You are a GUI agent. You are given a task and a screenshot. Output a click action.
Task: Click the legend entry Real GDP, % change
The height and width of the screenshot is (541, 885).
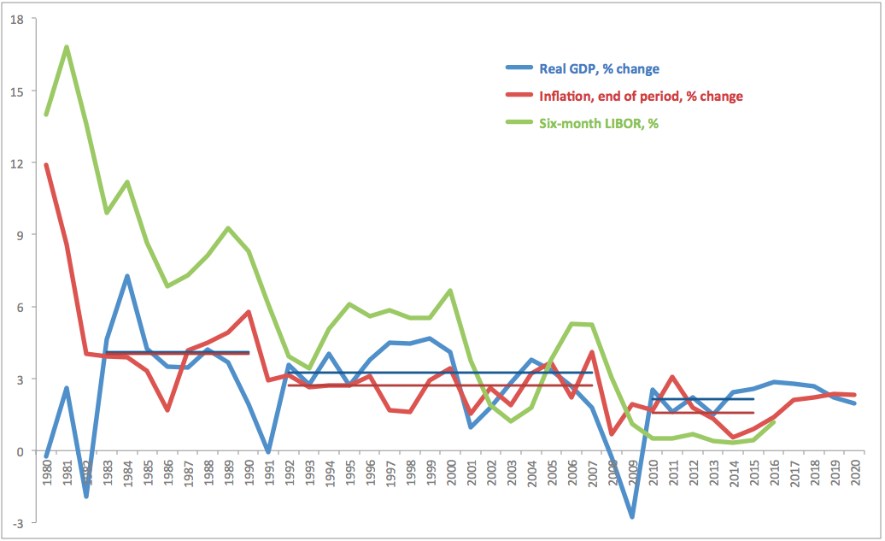[599, 68]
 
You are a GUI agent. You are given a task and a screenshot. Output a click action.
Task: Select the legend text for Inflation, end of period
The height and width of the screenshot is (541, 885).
[641, 96]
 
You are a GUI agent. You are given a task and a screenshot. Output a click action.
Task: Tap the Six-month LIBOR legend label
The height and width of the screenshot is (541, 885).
[599, 123]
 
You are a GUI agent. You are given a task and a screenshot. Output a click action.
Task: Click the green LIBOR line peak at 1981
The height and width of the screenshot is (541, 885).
[66, 47]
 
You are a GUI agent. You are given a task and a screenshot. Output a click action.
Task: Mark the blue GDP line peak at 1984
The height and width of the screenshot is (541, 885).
[126, 276]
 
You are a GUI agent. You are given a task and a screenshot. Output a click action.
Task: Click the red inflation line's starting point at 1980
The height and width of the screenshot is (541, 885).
[45, 165]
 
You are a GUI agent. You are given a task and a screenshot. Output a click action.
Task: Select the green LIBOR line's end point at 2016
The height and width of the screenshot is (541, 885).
[774, 422]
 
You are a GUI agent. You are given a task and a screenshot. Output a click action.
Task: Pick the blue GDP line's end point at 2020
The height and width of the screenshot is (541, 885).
[854, 403]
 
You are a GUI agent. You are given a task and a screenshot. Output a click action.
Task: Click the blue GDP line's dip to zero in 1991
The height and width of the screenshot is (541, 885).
[268, 451]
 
